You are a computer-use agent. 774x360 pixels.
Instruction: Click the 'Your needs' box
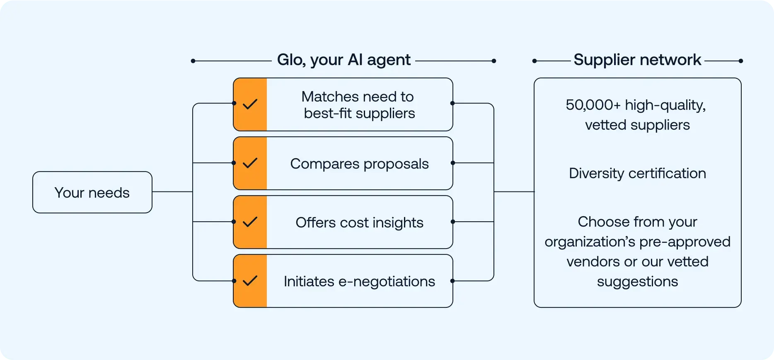92,192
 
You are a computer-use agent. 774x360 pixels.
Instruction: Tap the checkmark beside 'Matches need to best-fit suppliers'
250,104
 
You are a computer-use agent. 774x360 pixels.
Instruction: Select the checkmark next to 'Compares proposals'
250,163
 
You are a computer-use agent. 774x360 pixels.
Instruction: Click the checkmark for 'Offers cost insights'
250,222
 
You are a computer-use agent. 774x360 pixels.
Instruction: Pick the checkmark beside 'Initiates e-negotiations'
250,281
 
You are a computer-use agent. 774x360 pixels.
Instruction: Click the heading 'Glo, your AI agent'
343,60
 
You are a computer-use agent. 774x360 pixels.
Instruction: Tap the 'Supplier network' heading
637,60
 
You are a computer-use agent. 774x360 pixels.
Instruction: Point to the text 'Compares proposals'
359,164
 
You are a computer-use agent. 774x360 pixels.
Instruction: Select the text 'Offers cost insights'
359,222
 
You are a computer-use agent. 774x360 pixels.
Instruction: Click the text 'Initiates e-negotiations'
359,281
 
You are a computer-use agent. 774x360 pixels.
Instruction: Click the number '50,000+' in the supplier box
593,105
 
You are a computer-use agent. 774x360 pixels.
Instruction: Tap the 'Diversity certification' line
637,173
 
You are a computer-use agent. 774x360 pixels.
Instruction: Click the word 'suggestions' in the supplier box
637,281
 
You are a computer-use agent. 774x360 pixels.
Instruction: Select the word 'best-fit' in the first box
328,113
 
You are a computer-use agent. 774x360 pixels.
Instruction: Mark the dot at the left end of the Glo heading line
193,61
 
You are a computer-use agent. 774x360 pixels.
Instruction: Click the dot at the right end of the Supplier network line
741,61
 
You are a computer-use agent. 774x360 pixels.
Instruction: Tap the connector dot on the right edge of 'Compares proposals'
452,163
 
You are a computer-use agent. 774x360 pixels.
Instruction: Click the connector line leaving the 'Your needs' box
172,192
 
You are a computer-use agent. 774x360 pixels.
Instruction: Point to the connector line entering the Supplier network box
514,192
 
